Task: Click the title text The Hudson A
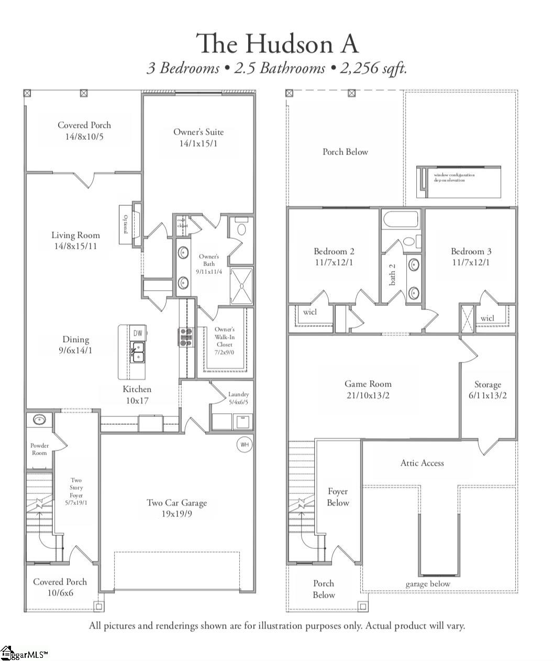point(277,43)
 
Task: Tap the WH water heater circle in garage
point(244,445)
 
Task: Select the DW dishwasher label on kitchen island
point(138,333)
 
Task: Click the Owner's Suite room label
point(198,137)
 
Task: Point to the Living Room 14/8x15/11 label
point(75,240)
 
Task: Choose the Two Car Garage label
point(176,508)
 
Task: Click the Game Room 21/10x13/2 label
point(368,389)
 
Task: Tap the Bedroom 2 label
point(334,256)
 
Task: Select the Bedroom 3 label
point(471,256)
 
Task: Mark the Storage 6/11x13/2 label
point(487,390)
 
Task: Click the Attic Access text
point(422,463)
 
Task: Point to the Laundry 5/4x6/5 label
point(238,398)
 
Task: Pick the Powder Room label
point(39,449)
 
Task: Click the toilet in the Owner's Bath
point(242,228)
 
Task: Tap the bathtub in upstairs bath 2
point(401,219)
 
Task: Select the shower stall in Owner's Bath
point(241,286)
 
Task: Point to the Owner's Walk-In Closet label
point(225,340)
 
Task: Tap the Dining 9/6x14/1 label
point(75,345)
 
